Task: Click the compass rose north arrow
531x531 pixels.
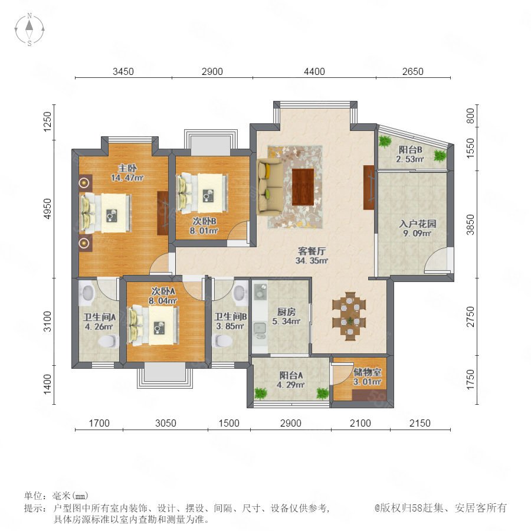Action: tap(29, 26)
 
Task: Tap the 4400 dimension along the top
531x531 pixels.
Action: tap(314, 71)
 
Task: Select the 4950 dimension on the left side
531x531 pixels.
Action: tap(48, 209)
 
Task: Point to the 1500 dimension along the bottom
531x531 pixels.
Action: tap(229, 423)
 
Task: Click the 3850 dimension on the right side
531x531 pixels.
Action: tap(470, 225)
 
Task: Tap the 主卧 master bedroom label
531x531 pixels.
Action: tap(127, 168)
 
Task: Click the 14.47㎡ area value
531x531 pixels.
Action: tap(127, 178)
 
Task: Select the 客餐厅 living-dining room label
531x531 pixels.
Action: tap(312, 251)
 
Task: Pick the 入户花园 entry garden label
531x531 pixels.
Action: tap(417, 224)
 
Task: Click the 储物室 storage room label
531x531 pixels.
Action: tap(368, 372)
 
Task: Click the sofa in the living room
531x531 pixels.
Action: tap(270, 187)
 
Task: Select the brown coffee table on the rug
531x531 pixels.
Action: tap(303, 187)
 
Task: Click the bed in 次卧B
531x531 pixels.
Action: tap(202, 194)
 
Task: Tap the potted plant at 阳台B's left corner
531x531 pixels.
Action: tap(385, 141)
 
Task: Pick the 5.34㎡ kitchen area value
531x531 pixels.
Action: tap(286, 321)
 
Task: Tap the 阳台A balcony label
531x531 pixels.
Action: tap(291, 375)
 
